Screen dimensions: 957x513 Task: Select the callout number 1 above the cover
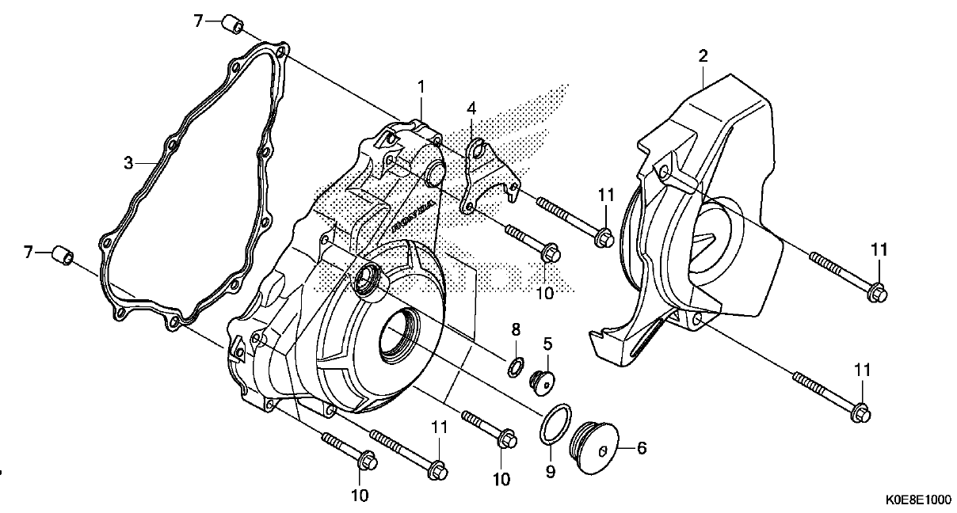coord(421,87)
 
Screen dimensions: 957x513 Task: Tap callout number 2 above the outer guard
coord(703,56)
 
